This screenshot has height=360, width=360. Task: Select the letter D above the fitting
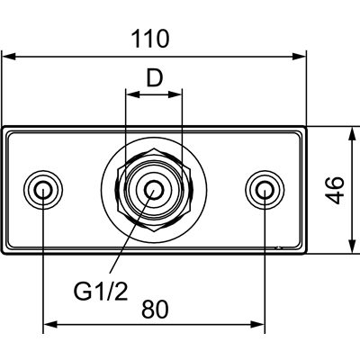155,78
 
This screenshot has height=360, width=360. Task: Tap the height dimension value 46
335,190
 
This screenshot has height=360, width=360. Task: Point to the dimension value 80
155,309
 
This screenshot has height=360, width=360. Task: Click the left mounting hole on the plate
43,189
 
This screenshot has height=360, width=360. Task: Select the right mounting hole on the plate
263,189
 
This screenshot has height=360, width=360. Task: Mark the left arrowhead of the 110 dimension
8,56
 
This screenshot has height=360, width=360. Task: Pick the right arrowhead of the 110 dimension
301,56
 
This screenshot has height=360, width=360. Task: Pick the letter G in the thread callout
81,291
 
